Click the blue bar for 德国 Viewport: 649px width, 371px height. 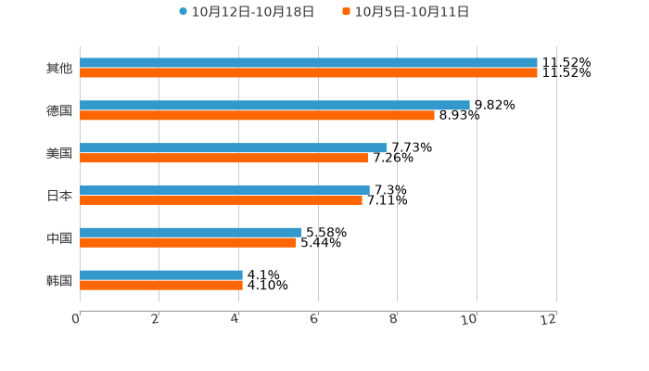[274, 106]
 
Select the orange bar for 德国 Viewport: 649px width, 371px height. [257, 116]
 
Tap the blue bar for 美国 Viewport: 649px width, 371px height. [233, 147]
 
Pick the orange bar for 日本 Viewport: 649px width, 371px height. [221, 199]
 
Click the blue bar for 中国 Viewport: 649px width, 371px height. [190, 232]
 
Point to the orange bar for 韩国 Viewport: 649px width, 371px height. [161, 285]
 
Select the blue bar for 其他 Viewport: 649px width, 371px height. [308, 63]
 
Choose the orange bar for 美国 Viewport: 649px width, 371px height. [223, 158]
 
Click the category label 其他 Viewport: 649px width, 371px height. [59, 69]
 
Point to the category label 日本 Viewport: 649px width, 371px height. [59, 196]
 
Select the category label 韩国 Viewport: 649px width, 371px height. [59, 280]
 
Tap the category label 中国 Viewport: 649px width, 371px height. [59, 238]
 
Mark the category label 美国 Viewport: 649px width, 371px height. [59, 153]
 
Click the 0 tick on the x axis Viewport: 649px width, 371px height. [76, 319]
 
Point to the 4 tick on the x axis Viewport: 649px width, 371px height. [235, 319]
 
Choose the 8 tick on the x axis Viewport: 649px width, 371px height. [394, 319]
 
